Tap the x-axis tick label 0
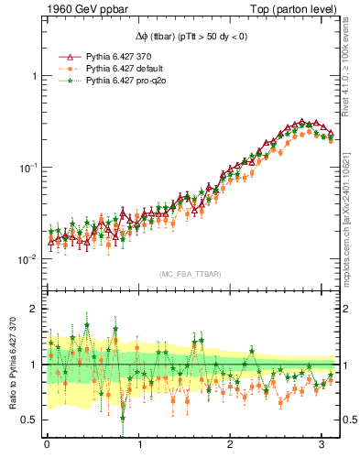47,444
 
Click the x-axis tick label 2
231,444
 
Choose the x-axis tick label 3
322,444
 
